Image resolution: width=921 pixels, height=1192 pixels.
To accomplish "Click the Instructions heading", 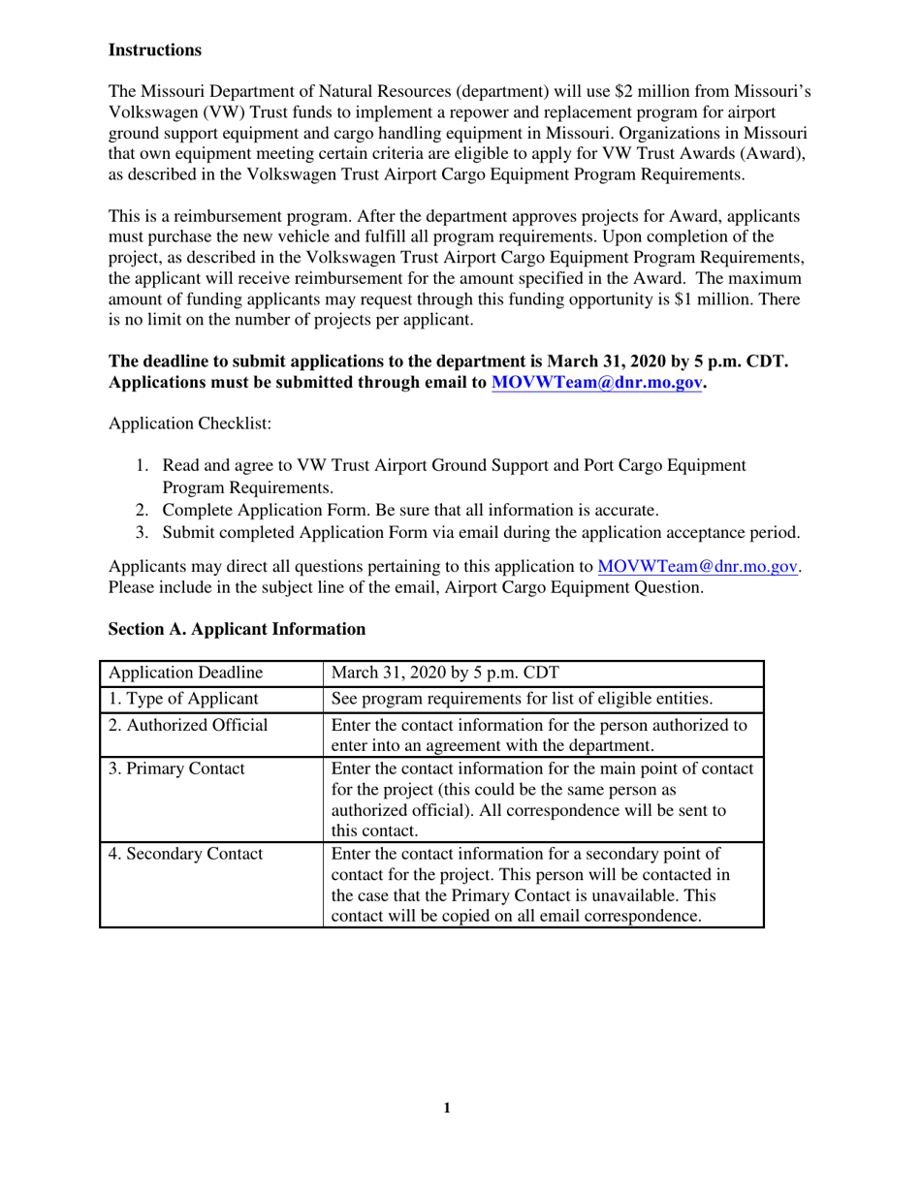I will [155, 49].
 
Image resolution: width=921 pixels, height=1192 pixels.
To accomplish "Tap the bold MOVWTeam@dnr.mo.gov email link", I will [596, 383].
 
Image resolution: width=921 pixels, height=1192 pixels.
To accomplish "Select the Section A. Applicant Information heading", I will [237, 629].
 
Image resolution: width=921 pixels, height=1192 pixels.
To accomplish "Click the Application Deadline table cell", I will [185, 674].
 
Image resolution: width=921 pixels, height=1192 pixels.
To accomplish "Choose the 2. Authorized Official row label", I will [188, 724].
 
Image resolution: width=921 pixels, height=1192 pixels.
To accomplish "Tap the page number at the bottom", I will [446, 1109].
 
